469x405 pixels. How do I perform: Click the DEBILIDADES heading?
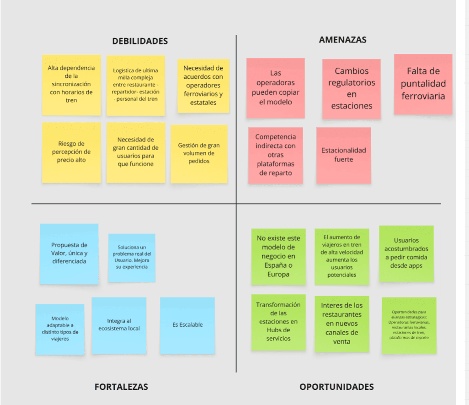click(x=140, y=41)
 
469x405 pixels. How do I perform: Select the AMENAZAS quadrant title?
click(x=342, y=40)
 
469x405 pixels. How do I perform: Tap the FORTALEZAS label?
click(x=121, y=387)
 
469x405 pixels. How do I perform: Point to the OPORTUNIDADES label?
click(x=336, y=387)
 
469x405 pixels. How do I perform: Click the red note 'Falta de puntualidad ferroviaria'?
click(x=423, y=84)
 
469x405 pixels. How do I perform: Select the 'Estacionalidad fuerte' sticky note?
click(x=343, y=155)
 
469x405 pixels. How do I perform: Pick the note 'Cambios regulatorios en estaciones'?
click(x=351, y=88)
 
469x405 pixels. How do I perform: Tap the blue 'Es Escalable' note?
click(x=187, y=325)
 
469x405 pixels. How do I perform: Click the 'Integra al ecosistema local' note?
click(x=119, y=325)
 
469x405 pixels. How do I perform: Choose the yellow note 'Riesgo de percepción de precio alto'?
click(x=71, y=152)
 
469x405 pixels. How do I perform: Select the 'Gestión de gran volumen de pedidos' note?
click(x=199, y=154)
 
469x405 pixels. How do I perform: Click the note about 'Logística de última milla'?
click(x=136, y=85)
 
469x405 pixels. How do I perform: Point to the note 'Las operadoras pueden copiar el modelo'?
click(x=275, y=87)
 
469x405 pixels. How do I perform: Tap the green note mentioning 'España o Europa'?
click(x=278, y=256)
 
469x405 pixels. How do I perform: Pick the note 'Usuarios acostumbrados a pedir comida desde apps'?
click(x=406, y=253)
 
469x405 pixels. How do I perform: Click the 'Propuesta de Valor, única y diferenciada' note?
click(x=69, y=254)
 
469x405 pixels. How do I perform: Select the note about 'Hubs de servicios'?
click(x=278, y=322)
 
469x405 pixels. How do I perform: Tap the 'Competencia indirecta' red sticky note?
click(x=275, y=155)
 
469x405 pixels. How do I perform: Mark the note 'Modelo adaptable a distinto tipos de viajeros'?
click(x=60, y=329)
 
